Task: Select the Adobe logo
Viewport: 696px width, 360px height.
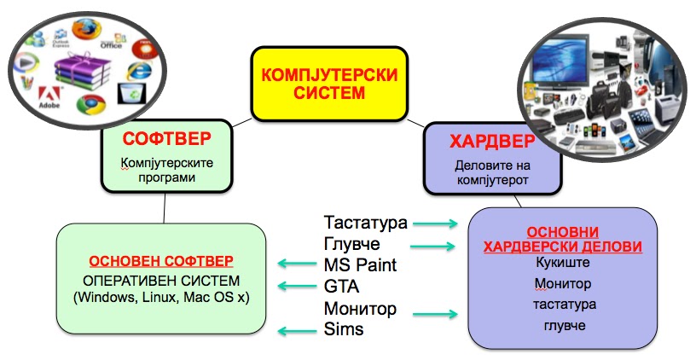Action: tap(49, 96)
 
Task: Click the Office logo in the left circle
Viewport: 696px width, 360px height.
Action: tap(111, 38)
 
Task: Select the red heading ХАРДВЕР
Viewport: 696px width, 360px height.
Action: tap(480, 139)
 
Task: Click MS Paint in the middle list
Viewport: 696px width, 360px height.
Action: tap(360, 264)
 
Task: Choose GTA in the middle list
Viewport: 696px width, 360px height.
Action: tap(341, 286)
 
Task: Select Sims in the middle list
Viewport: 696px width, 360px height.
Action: tap(343, 329)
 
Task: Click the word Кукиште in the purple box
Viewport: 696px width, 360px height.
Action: tap(562, 263)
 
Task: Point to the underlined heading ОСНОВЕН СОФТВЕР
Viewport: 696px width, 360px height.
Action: tap(161, 259)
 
